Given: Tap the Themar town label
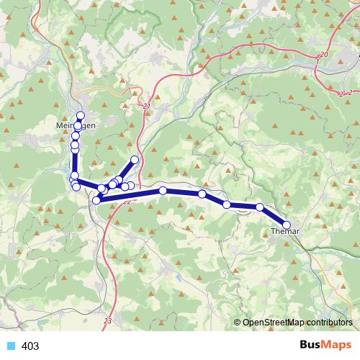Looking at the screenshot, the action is tap(284, 232).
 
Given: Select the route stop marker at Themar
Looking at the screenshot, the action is tap(287, 225).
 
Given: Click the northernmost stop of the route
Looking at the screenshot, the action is tap(81, 115).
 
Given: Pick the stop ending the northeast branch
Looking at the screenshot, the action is tap(135, 159).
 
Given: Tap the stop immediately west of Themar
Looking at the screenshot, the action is tap(260, 207).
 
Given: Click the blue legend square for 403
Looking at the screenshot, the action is tap(10, 346).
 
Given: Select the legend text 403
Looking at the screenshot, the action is tap(31, 346).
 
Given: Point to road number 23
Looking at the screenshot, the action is tap(108, 320).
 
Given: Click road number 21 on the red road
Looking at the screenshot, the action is tap(147, 107).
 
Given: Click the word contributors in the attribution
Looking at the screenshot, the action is tap(329, 323).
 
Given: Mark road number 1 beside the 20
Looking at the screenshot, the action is tap(317, 62).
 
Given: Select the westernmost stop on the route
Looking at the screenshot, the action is tap(73, 176).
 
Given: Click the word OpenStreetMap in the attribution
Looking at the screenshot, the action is tap(273, 323).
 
